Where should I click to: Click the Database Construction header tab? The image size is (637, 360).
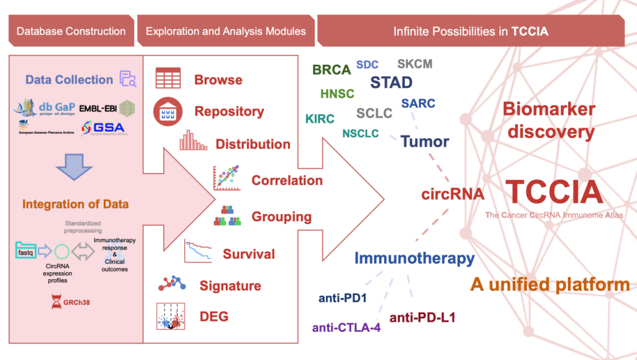[71, 31]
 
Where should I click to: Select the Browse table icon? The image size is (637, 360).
[168, 79]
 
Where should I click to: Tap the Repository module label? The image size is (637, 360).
[229, 111]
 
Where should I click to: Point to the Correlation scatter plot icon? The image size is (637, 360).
[227, 178]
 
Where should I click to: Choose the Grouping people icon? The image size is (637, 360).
[227, 216]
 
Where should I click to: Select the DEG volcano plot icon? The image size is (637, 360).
[171, 316]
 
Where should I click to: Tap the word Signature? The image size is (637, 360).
[230, 286]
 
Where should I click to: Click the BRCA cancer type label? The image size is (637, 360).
[332, 70]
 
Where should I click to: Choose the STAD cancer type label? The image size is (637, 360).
[391, 82]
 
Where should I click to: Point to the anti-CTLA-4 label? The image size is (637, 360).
[346, 327]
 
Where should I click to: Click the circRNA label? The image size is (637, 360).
[453, 194]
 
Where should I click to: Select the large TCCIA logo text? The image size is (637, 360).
[554, 191]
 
